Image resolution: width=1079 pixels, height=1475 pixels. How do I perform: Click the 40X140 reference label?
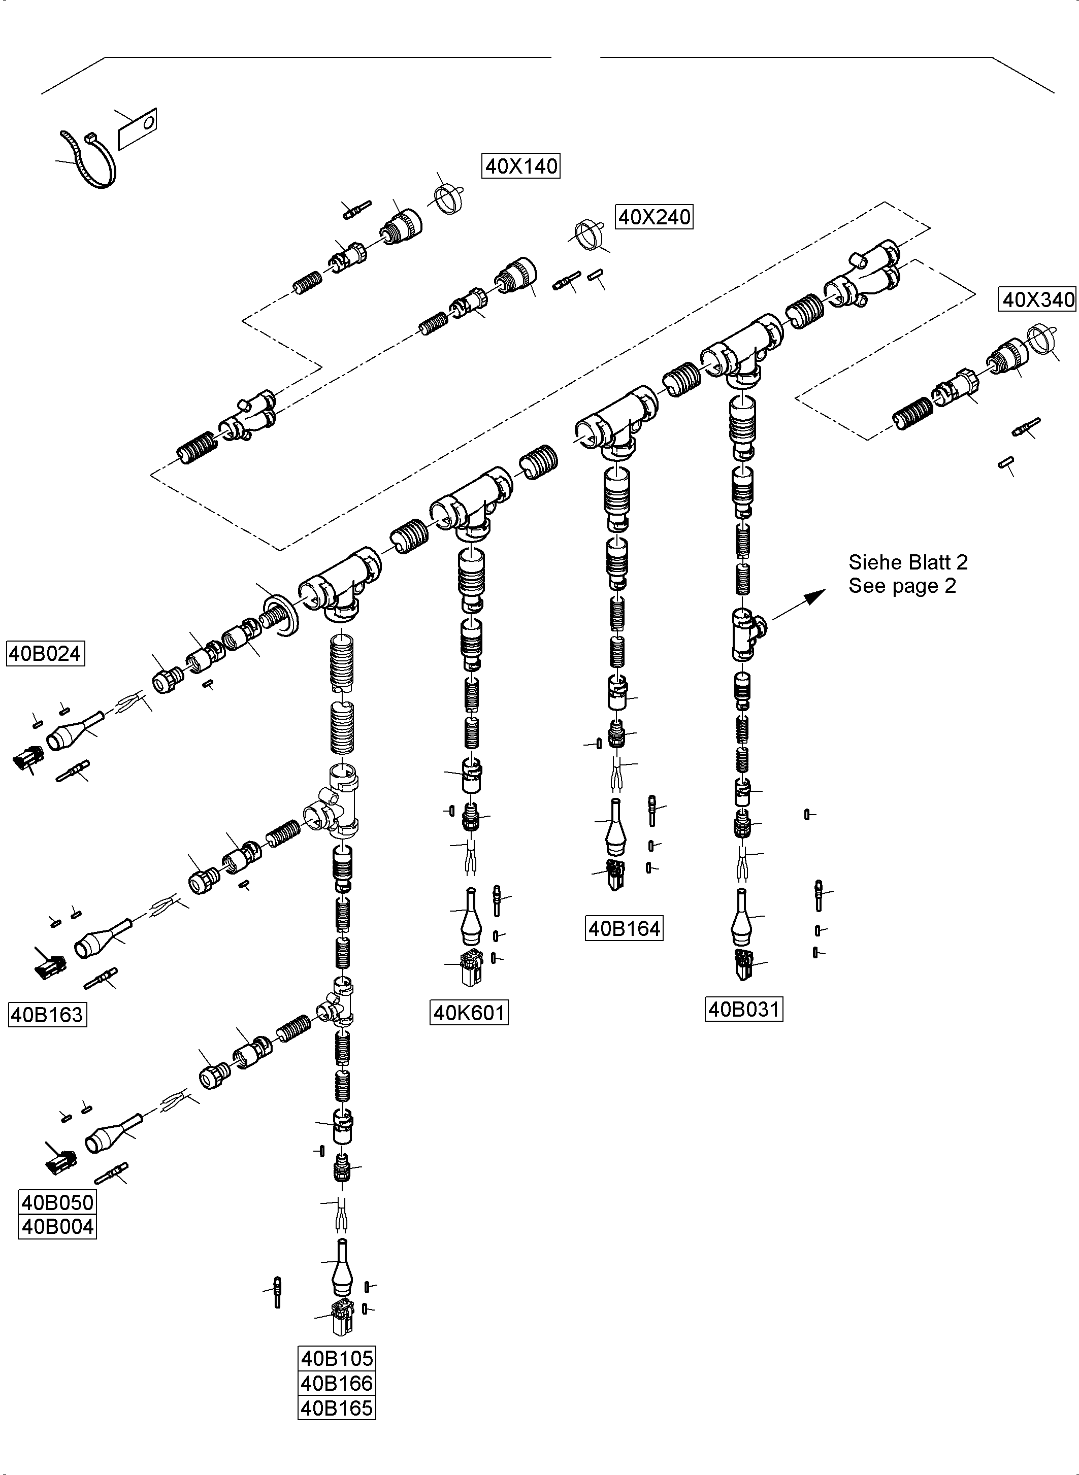pyautogui.click(x=520, y=166)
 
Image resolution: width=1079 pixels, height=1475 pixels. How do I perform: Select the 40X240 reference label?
pyautogui.click(x=654, y=217)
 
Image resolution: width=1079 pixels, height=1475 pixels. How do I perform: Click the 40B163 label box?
pyautogui.click(x=47, y=1015)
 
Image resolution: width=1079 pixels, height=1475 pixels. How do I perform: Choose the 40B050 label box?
pyautogui.click(x=57, y=1202)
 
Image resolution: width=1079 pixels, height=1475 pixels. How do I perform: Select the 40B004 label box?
pyautogui.click(x=57, y=1227)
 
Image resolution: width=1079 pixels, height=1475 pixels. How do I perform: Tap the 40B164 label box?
pyautogui.click(x=624, y=928)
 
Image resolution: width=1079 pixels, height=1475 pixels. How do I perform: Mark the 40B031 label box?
pyautogui.click(x=744, y=1010)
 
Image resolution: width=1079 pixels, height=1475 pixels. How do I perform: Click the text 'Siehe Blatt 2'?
pyautogui.click(x=907, y=562)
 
